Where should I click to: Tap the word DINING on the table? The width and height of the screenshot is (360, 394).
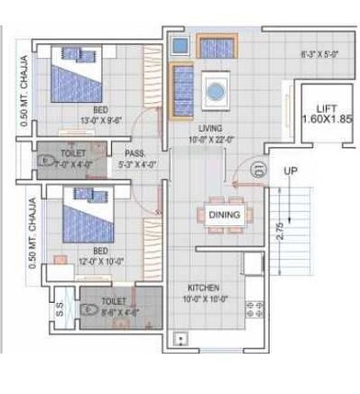point(224,214)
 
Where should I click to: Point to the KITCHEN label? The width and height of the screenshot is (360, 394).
point(205,287)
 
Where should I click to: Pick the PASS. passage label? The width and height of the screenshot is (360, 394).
point(134,153)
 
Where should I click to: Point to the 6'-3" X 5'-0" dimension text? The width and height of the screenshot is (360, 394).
point(321,55)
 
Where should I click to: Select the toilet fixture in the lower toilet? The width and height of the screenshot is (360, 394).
point(90,310)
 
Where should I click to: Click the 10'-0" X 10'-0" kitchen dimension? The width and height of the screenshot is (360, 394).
point(205,298)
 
